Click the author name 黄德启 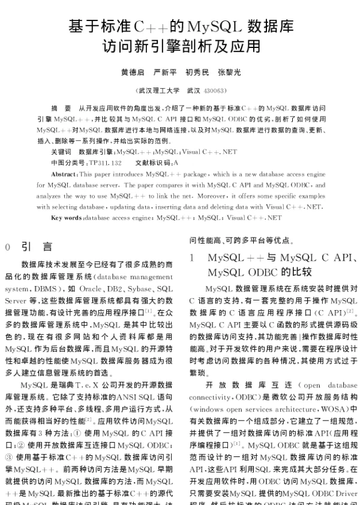[133, 73]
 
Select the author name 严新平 [166, 73]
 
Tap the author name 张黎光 [229, 73]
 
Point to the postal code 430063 [214, 91]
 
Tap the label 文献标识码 [153, 163]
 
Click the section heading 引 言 [37, 247]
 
